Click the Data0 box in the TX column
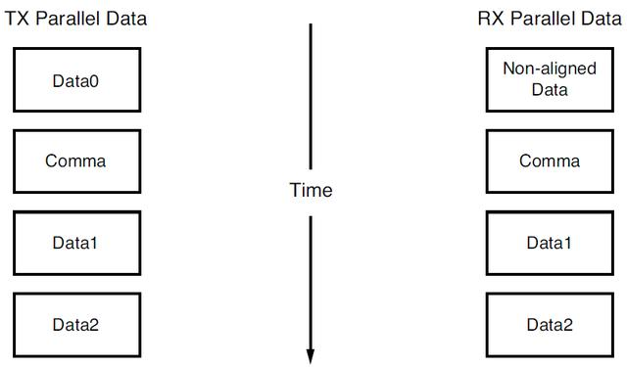click(75, 80)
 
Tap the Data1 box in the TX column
click(75, 243)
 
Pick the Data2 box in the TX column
click(75, 324)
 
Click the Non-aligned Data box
click(549, 80)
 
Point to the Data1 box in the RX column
click(549, 243)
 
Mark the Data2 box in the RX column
click(549, 324)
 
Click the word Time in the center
click(311, 190)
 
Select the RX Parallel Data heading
click(549, 17)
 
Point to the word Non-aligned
click(549, 69)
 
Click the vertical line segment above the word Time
click(311, 98)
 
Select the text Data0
click(75, 80)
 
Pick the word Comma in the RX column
click(549, 161)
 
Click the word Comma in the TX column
click(75, 161)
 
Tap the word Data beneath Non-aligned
click(549, 90)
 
